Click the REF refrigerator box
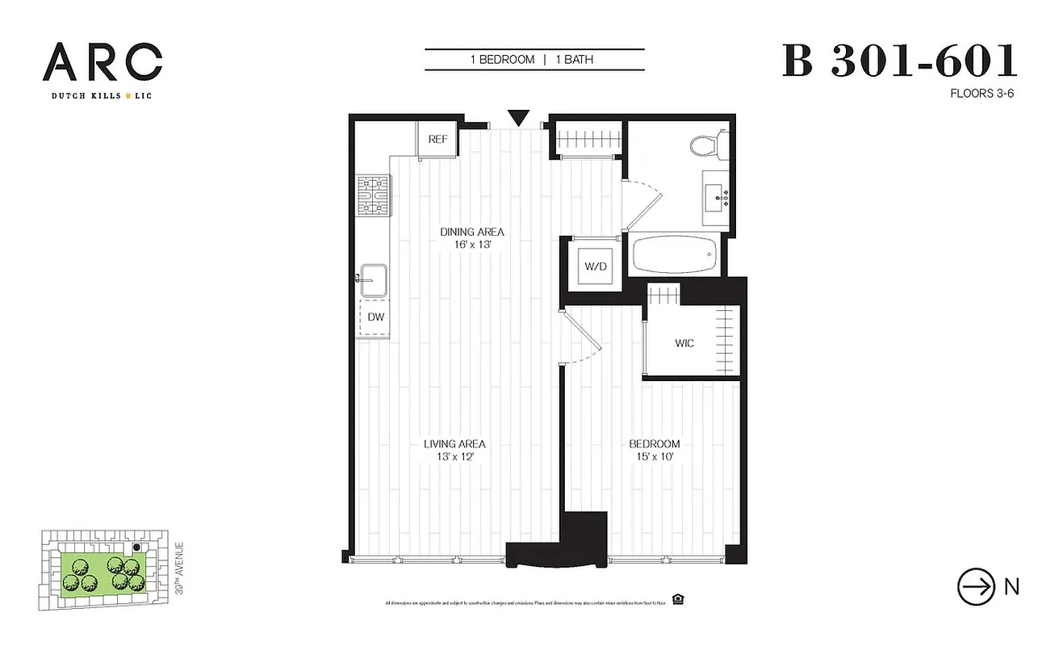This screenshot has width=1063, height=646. point(437,139)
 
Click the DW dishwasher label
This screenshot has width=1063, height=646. point(375,317)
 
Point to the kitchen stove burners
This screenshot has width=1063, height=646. point(374,195)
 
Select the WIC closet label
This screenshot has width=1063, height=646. point(684,343)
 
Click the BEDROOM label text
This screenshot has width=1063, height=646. point(655,443)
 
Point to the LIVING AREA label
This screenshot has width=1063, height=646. point(454,443)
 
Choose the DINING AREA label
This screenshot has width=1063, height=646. point(472,232)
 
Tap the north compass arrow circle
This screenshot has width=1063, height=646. point(975,587)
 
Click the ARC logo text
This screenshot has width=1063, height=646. point(103,63)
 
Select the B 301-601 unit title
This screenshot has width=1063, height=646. point(899,61)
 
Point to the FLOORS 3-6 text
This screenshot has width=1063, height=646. point(982,94)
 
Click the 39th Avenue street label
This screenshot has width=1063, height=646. point(179,569)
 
